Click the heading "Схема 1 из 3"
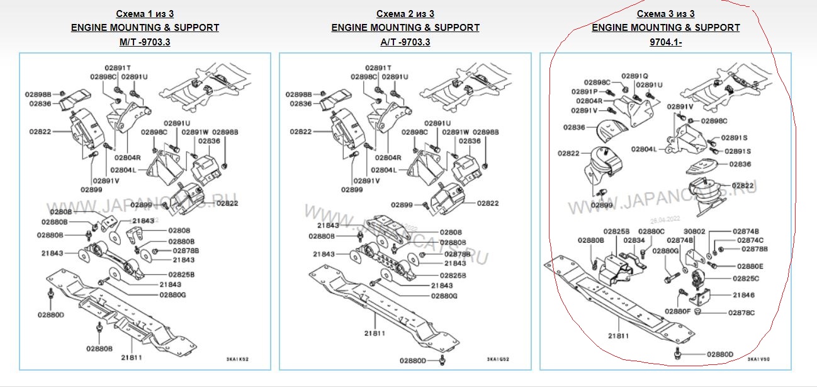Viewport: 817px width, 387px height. [145, 13]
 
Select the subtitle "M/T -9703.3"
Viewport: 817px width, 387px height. [145, 42]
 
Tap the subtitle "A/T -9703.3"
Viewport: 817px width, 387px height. [405, 42]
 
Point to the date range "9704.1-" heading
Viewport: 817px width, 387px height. [666, 42]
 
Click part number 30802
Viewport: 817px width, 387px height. [695, 231]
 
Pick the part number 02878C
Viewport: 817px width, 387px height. [741, 313]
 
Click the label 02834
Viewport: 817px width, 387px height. [634, 240]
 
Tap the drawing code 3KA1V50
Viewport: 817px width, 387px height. [760, 360]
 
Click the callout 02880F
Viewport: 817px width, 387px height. [678, 311]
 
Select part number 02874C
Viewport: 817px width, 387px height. [750, 240]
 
